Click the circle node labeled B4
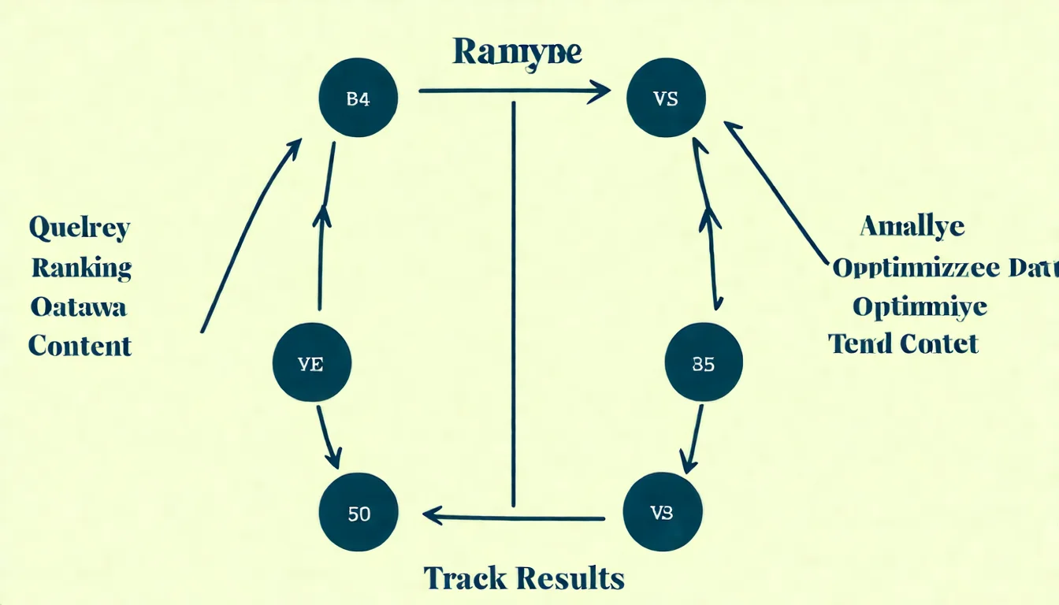[x=358, y=99]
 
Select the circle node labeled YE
[x=311, y=366]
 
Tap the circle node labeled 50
[x=359, y=514]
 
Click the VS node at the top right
[x=666, y=99]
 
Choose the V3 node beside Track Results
[x=662, y=513]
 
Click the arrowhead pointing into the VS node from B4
[x=600, y=91]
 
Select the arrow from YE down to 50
[x=329, y=437]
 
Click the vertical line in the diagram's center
[x=514, y=303]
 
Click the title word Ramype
[x=517, y=53]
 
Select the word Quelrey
[x=80, y=229]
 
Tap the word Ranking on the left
[x=81, y=268]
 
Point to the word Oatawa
[x=78, y=306]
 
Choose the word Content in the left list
[x=80, y=345]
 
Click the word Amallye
[x=912, y=227]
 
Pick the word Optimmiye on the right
[x=920, y=306]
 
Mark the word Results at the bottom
[x=574, y=578]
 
